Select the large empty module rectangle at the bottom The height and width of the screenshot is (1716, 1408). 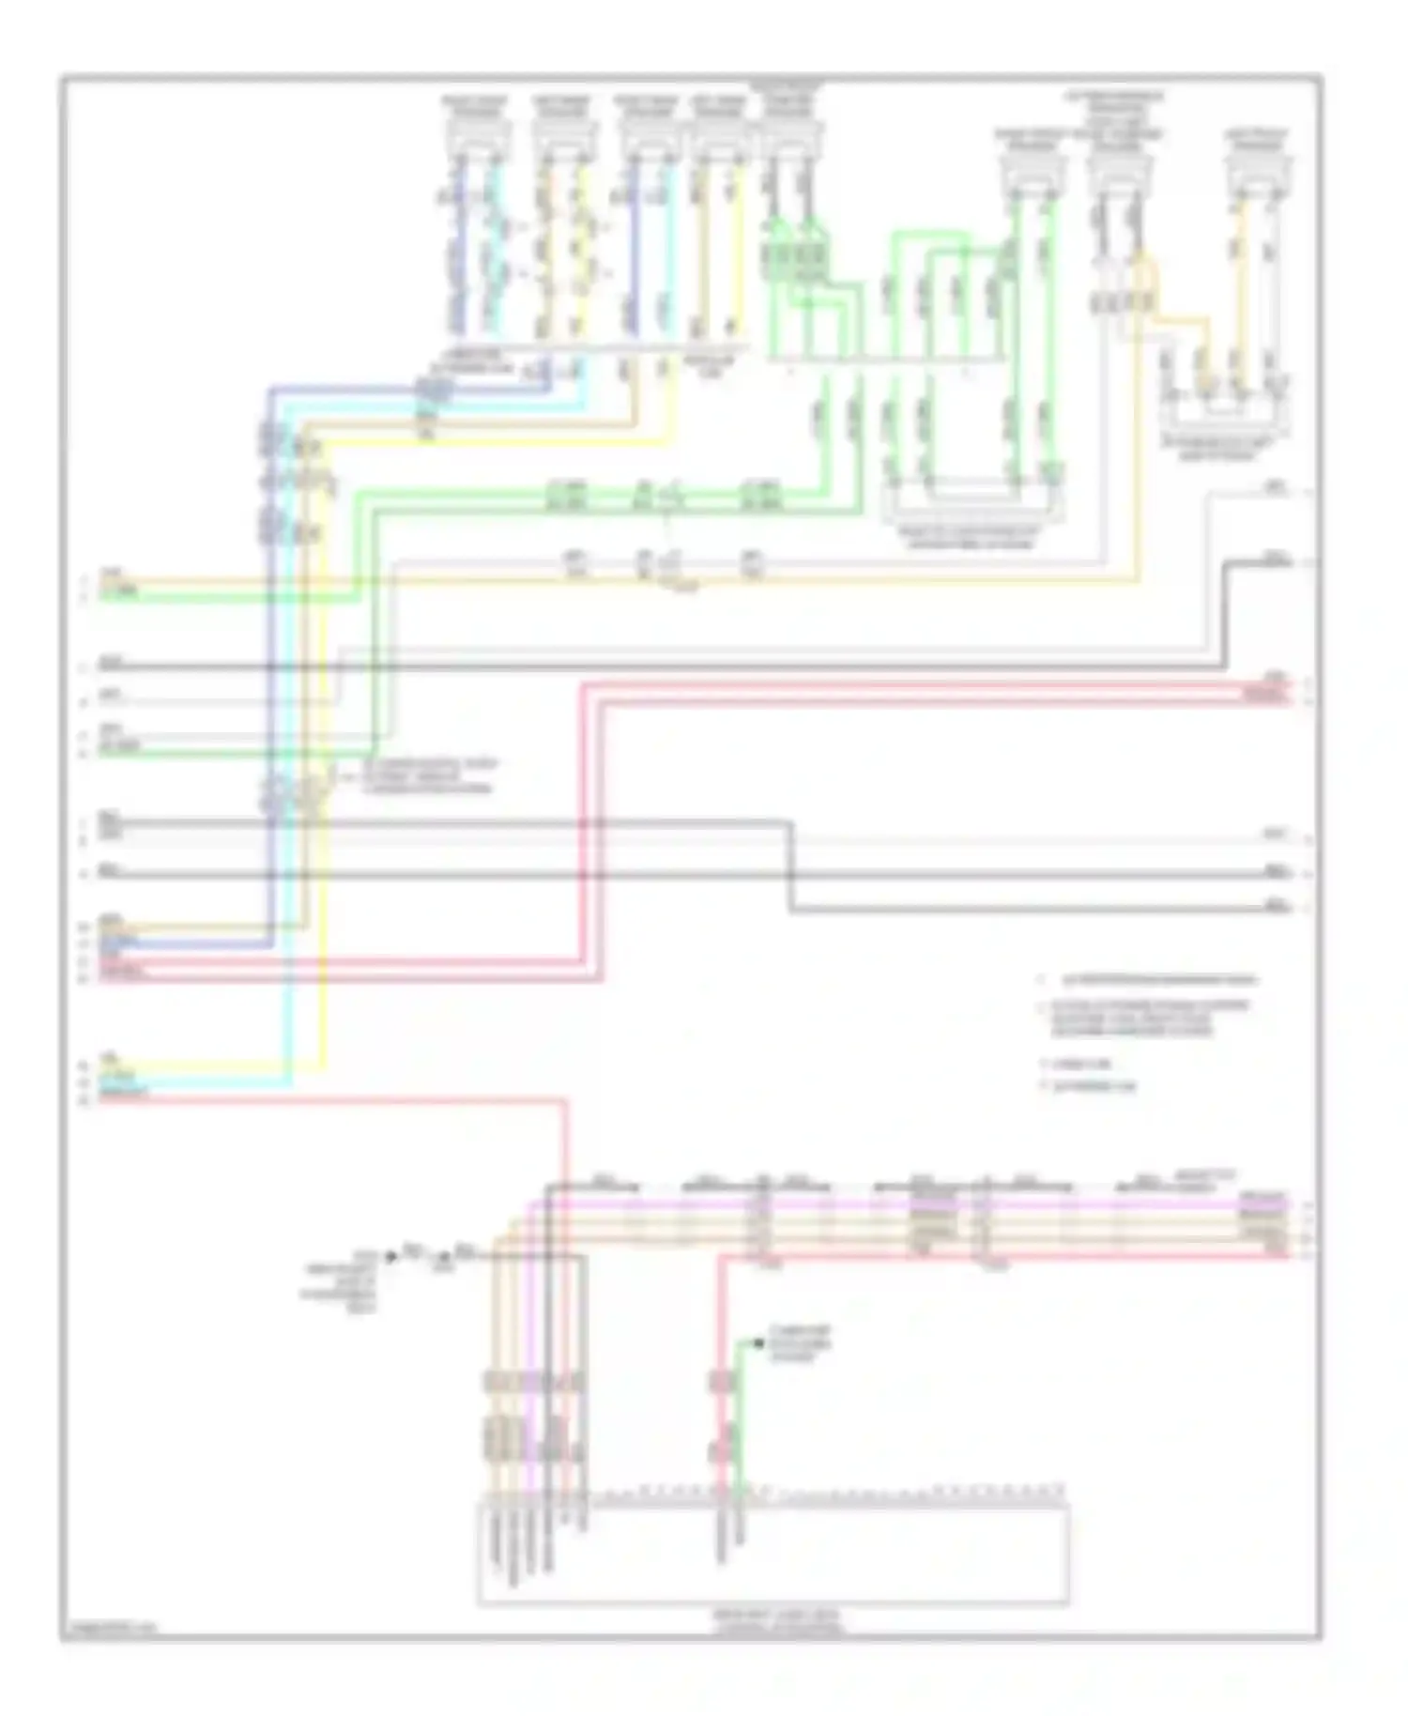coord(773,1555)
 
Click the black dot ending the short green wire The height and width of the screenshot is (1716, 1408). coord(758,1343)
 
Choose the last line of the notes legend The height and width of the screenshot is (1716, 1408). coord(1094,1087)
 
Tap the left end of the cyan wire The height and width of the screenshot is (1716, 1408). coord(103,1082)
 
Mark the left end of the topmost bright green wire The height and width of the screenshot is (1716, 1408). coord(103,595)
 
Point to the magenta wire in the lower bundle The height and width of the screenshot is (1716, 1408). coord(845,1203)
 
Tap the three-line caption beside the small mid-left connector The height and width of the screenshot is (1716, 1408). coord(428,776)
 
